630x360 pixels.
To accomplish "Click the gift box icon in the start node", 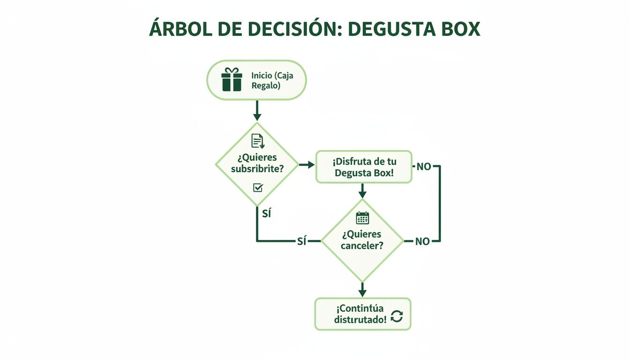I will (232, 79).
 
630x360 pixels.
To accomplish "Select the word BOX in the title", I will (457, 29).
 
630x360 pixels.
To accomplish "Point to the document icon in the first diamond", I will (257, 141).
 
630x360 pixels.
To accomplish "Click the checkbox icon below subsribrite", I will (258, 187).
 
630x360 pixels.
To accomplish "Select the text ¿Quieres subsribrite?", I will (257, 163).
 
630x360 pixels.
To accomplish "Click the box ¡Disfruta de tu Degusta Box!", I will (364, 167).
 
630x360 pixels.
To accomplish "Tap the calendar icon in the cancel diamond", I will (362, 218).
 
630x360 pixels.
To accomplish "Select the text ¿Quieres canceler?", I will (361, 240).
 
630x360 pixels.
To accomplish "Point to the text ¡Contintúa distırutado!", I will (360, 314).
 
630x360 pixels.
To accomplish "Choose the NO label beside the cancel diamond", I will (422, 241).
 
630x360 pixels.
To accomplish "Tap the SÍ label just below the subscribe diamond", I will (266, 214).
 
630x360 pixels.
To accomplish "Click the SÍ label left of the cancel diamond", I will (302, 241).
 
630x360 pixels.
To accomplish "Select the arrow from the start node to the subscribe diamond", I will (256, 111).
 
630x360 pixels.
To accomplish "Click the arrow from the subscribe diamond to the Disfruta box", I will (307, 165).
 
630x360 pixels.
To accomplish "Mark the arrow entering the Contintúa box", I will (362, 289).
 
